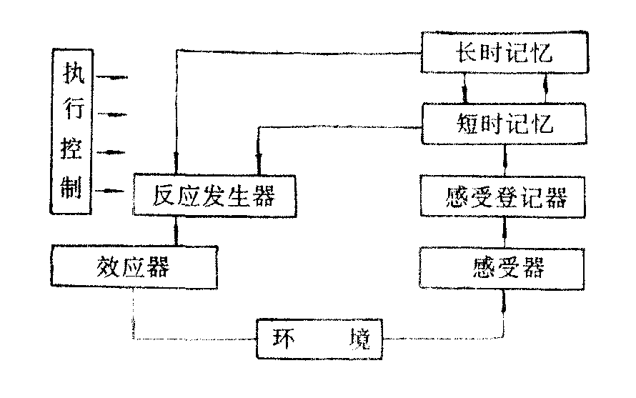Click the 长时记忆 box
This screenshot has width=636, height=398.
click(x=503, y=54)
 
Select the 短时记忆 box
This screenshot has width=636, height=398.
click(x=503, y=124)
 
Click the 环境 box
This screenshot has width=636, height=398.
click(x=319, y=338)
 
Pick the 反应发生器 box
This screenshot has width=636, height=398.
click(x=213, y=195)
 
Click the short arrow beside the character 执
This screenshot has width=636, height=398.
click(x=114, y=75)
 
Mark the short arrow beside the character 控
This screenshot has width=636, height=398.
click(x=114, y=152)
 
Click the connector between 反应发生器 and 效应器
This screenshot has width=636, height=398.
click(x=176, y=231)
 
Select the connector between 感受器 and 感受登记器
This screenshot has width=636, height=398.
click(x=506, y=232)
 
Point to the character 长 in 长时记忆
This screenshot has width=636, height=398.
click(x=465, y=54)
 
